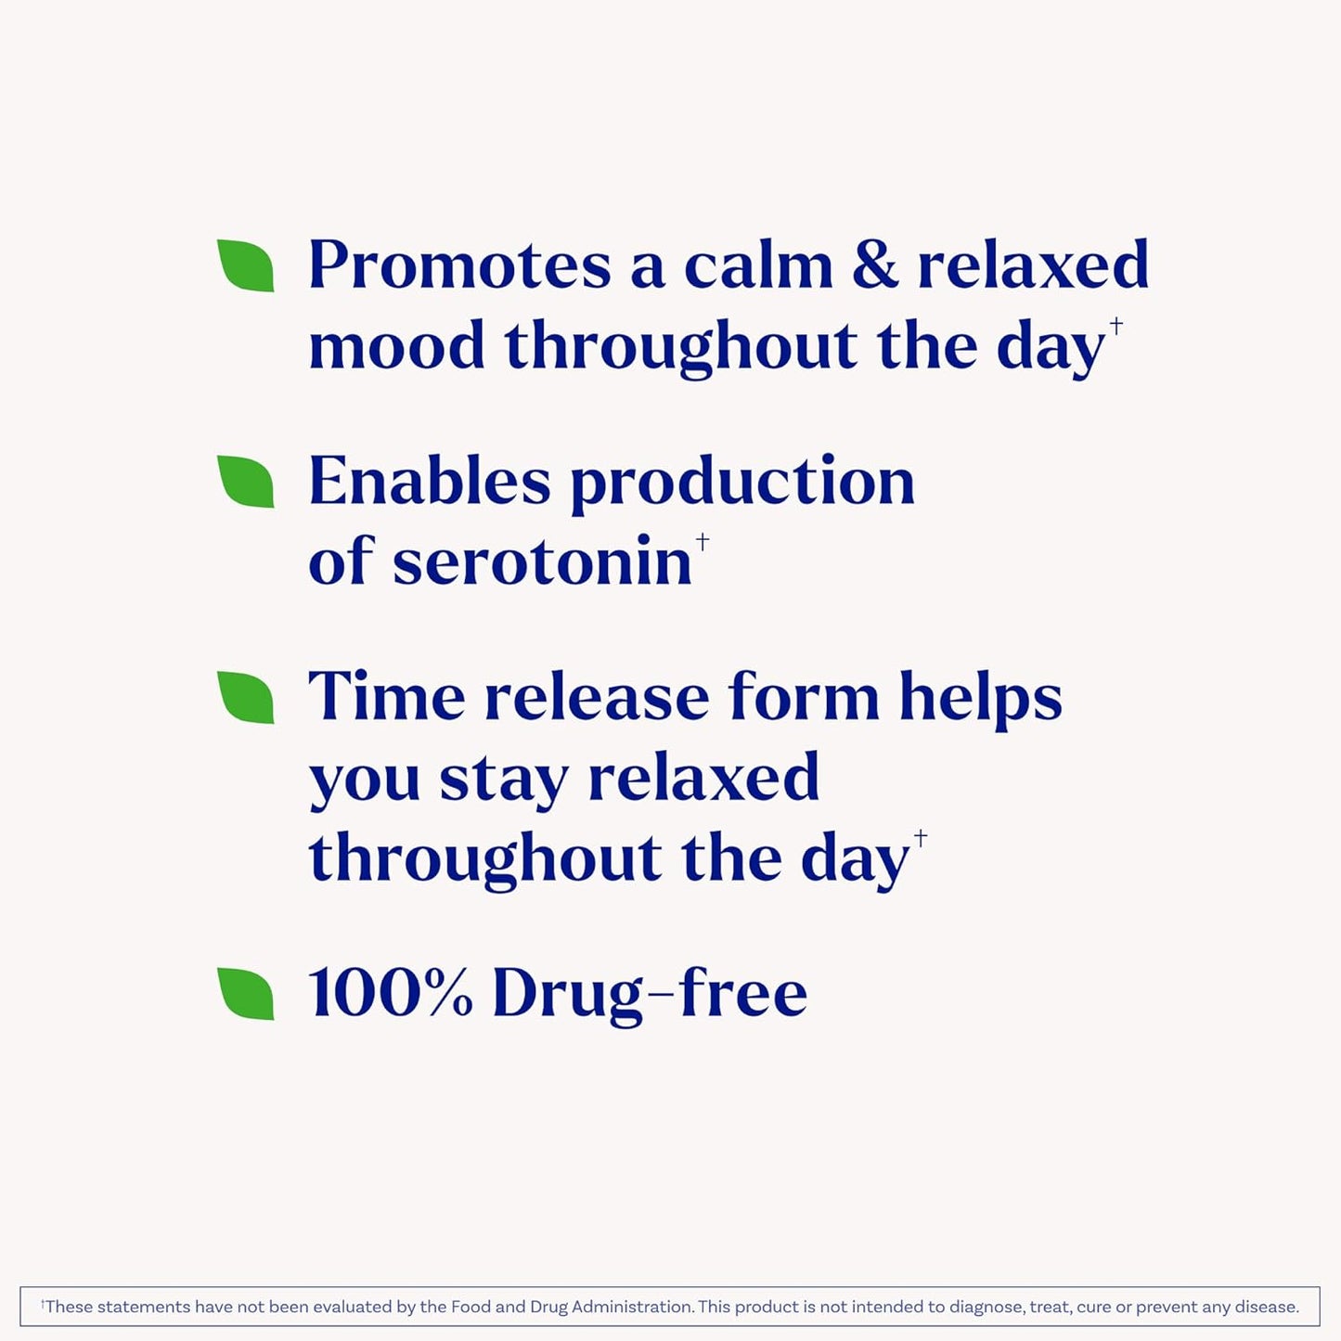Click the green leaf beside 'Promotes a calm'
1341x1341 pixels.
point(246,266)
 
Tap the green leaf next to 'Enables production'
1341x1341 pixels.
point(246,482)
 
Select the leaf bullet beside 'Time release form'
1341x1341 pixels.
point(246,698)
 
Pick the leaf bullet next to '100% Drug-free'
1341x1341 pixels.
point(246,994)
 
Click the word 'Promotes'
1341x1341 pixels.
point(459,266)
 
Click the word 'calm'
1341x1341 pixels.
point(758,266)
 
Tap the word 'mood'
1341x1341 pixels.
point(396,346)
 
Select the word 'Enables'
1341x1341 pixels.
point(429,482)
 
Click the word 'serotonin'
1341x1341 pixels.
point(542,562)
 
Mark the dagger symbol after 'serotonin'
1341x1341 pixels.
point(703,541)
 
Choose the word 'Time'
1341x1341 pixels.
point(386,697)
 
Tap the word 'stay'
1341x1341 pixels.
point(503,780)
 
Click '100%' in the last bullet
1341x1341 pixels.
point(390,994)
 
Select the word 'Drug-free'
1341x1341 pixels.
point(649,994)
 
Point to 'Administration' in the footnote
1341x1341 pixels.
point(632,1307)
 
